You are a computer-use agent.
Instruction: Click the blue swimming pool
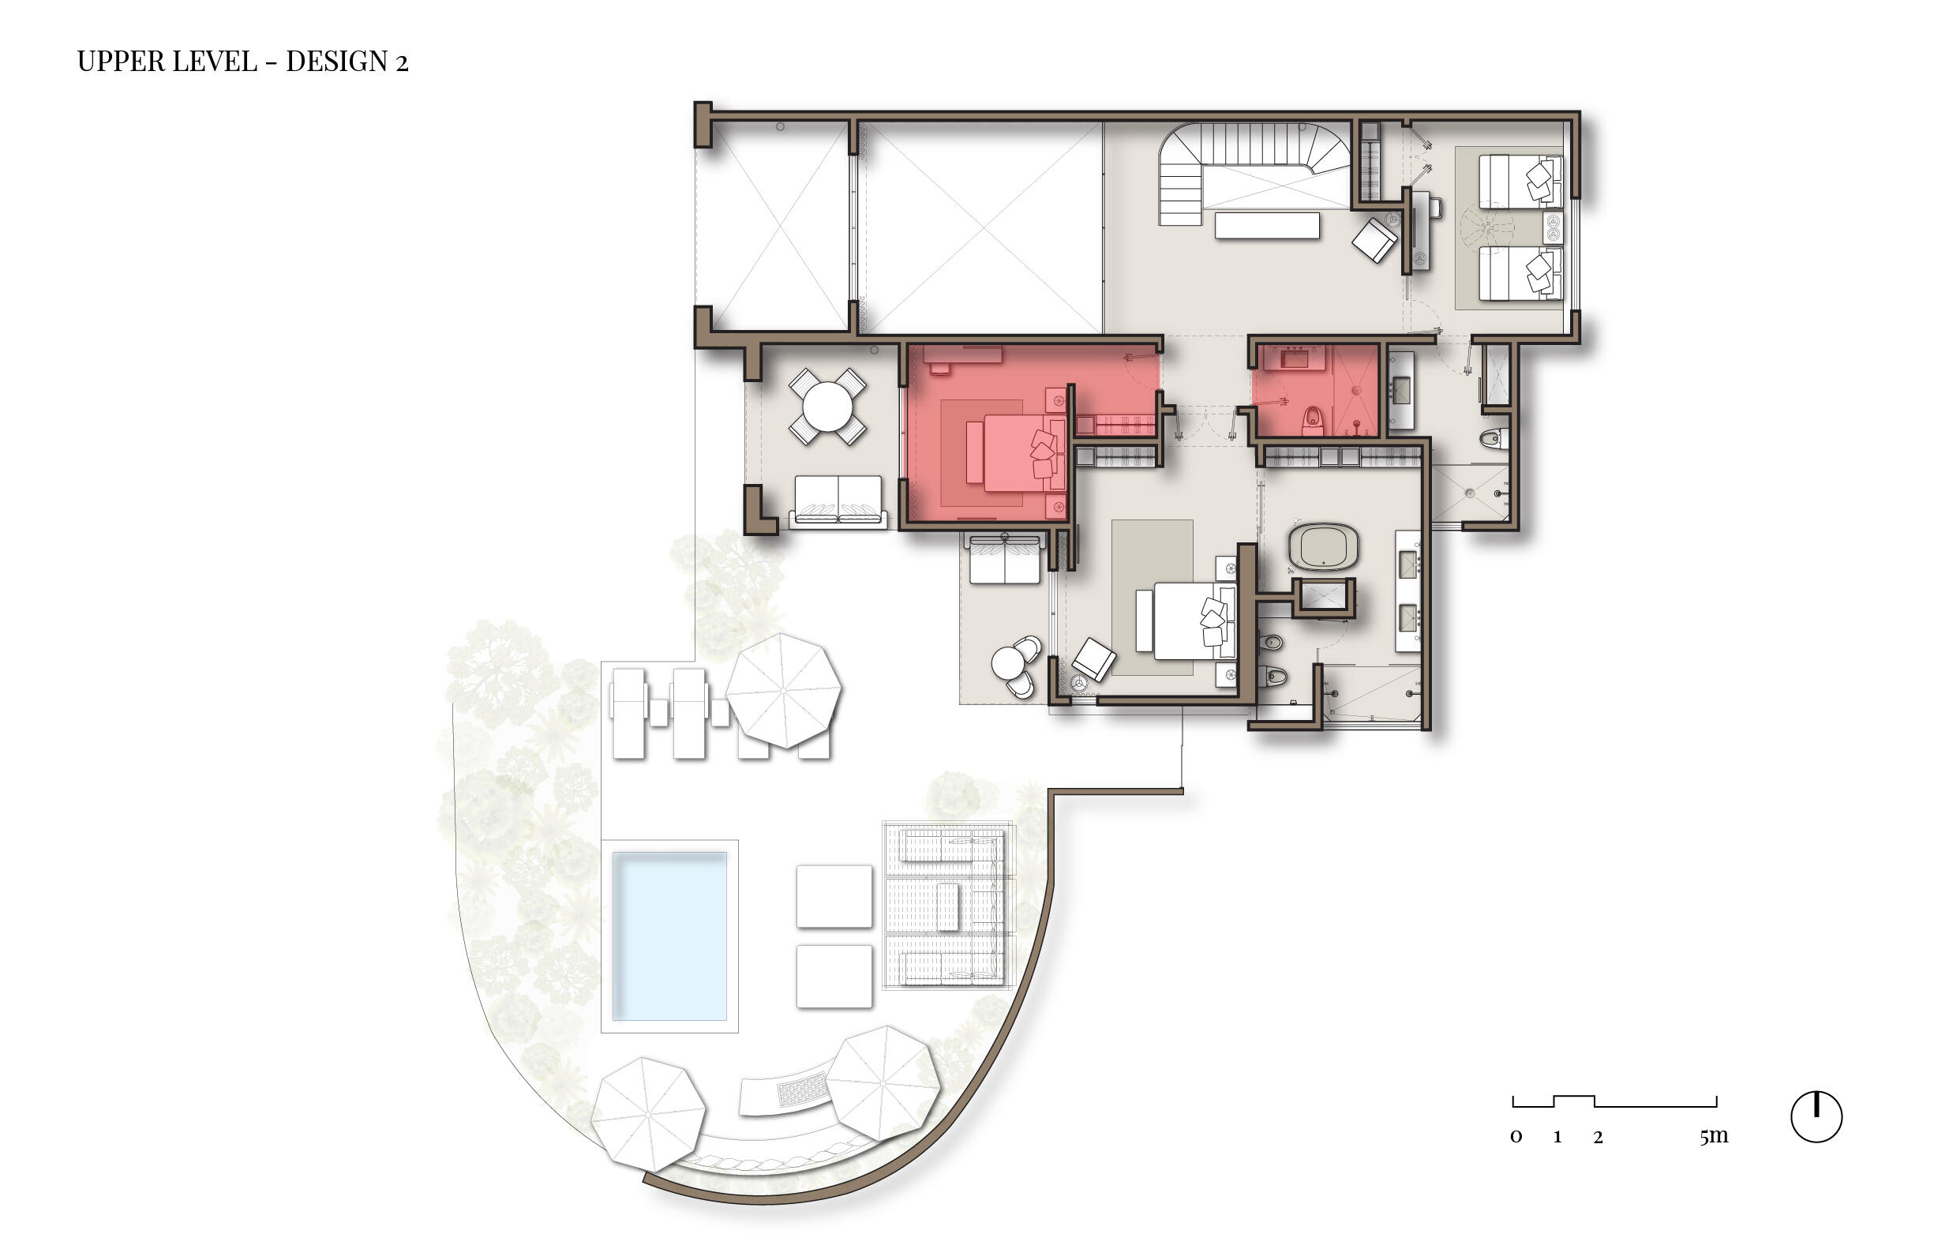(669, 935)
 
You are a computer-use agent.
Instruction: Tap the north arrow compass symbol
(1816, 1117)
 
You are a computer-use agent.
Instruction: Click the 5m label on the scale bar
(1714, 1136)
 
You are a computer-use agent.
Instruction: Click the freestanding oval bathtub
(1322, 546)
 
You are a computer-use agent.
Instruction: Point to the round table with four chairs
(827, 407)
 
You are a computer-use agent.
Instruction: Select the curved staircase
(1232, 167)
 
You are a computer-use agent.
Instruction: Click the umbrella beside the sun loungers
(782, 691)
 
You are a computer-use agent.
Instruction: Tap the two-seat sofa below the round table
(838, 500)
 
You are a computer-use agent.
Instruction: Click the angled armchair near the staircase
(1374, 239)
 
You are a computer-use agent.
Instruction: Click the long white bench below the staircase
(1266, 225)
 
